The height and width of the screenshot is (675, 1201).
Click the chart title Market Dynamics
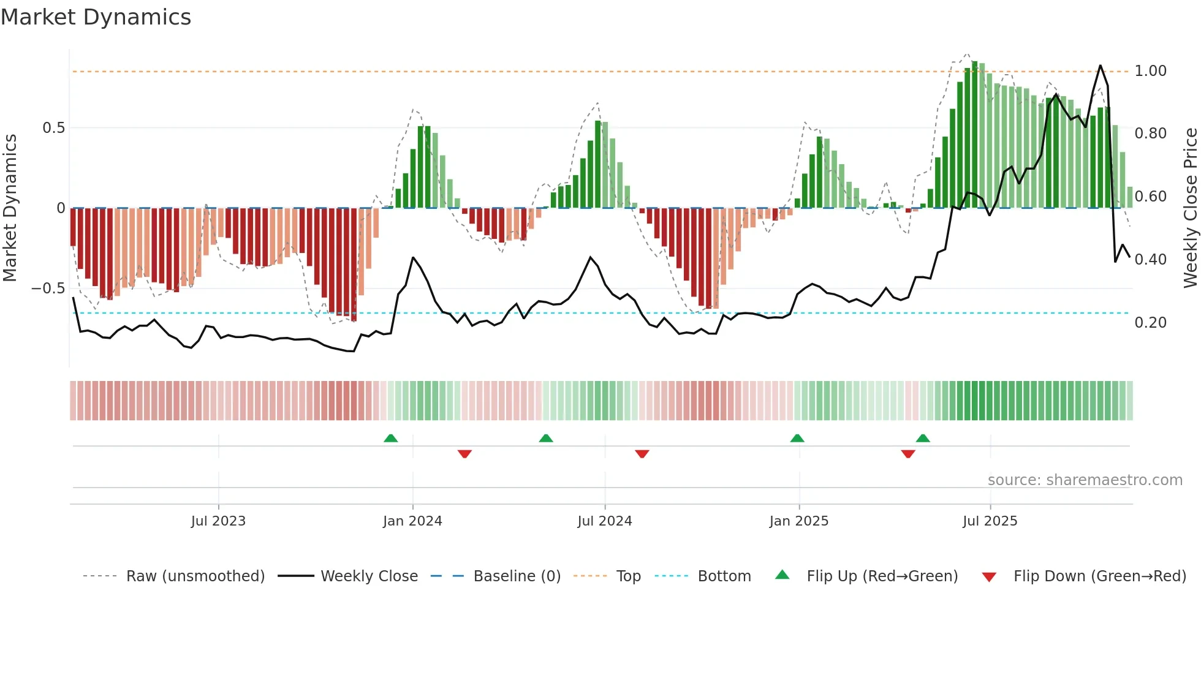click(96, 17)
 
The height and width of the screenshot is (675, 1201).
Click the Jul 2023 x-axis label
click(218, 521)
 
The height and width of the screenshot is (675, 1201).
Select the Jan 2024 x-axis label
click(412, 521)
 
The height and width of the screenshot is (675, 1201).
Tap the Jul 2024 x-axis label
click(604, 521)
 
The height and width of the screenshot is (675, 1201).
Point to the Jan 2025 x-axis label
click(798, 521)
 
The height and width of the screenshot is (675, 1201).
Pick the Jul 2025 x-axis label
click(990, 521)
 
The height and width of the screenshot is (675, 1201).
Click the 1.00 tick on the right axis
click(1150, 71)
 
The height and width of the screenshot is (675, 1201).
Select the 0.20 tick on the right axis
click(1150, 323)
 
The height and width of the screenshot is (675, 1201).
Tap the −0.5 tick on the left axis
click(48, 288)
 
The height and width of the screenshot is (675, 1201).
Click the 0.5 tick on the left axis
click(53, 128)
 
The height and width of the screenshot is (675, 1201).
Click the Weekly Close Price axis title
click(1190, 208)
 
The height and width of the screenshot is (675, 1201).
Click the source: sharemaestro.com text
click(1085, 480)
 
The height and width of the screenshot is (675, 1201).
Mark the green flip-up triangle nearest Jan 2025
click(797, 439)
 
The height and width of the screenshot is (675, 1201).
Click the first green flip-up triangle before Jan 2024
click(390, 439)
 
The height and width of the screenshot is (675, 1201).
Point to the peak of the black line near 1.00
click(1101, 66)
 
